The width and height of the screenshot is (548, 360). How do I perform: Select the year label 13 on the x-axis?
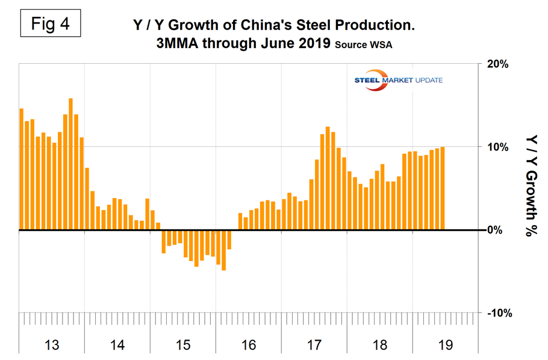[52, 345]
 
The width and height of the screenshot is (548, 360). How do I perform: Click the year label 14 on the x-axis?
[117, 345]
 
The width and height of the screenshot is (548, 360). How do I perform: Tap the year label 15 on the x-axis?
[183, 345]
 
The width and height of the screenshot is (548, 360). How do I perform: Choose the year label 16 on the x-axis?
[248, 345]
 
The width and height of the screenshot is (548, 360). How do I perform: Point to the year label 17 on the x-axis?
[314, 345]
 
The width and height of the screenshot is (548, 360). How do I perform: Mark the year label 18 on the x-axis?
[379, 345]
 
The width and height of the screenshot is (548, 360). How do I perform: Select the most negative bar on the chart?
[223, 250]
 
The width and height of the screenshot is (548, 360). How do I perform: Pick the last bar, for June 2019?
[443, 188]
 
